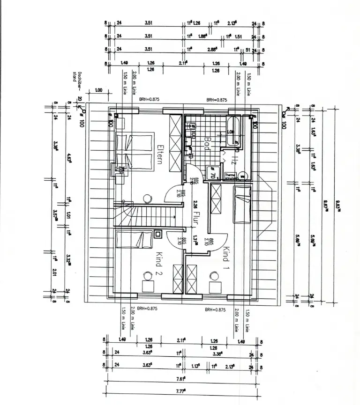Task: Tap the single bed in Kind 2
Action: pos(135,241)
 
